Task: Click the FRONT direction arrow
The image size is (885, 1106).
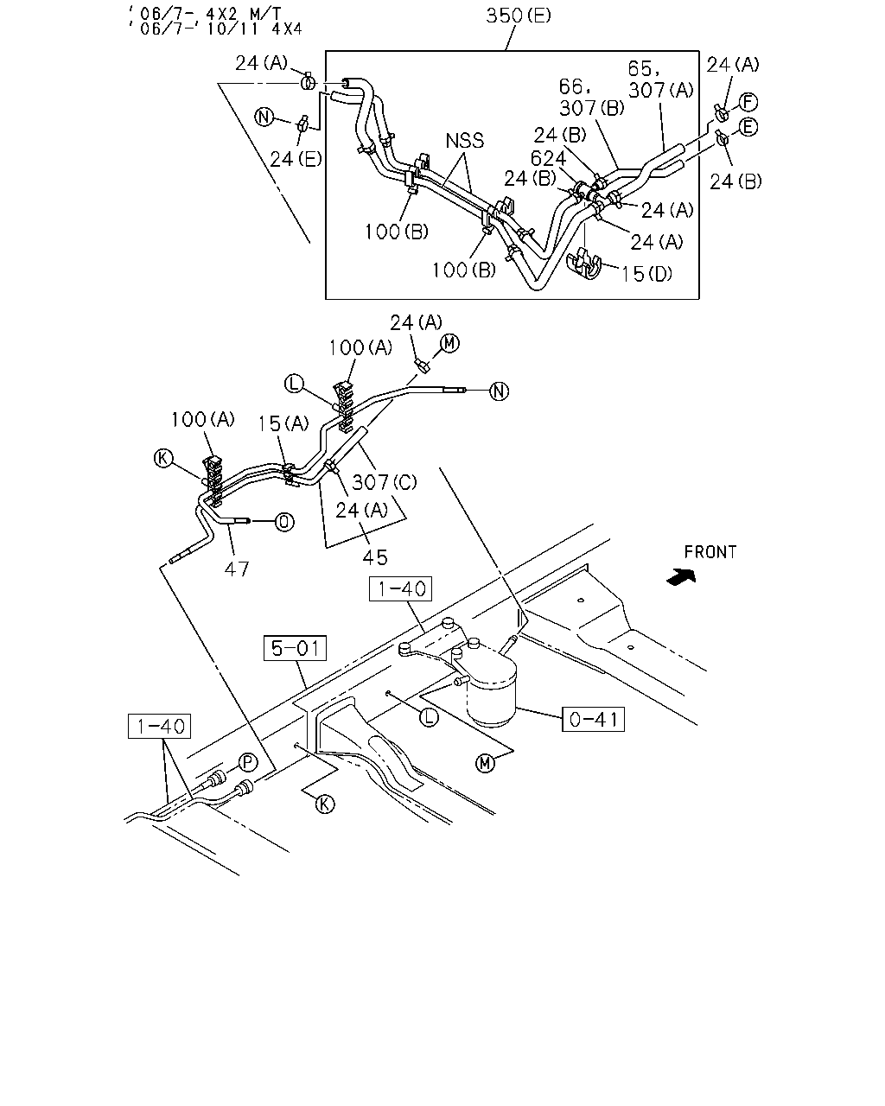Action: tap(681, 577)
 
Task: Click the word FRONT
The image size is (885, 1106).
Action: tap(710, 552)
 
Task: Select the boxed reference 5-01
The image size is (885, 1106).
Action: tap(295, 647)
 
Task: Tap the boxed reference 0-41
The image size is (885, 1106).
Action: tap(593, 719)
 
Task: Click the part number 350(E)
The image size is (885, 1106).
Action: tap(519, 16)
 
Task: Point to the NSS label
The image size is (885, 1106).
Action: tap(464, 140)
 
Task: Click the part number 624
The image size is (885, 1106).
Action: tap(548, 158)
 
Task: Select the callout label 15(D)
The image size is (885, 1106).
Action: tap(646, 273)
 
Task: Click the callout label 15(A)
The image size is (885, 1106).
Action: tap(283, 423)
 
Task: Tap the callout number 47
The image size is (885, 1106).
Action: tap(237, 569)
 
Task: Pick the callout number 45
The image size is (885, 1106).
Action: tap(375, 557)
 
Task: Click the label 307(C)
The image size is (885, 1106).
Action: tap(384, 482)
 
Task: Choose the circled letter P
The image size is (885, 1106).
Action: tap(248, 762)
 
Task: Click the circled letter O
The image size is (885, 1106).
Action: tap(284, 523)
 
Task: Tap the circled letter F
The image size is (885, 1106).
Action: tap(748, 102)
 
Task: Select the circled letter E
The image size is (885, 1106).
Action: tap(748, 127)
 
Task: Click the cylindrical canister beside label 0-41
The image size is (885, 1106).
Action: tap(491, 688)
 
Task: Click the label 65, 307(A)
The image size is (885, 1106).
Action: tap(660, 79)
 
